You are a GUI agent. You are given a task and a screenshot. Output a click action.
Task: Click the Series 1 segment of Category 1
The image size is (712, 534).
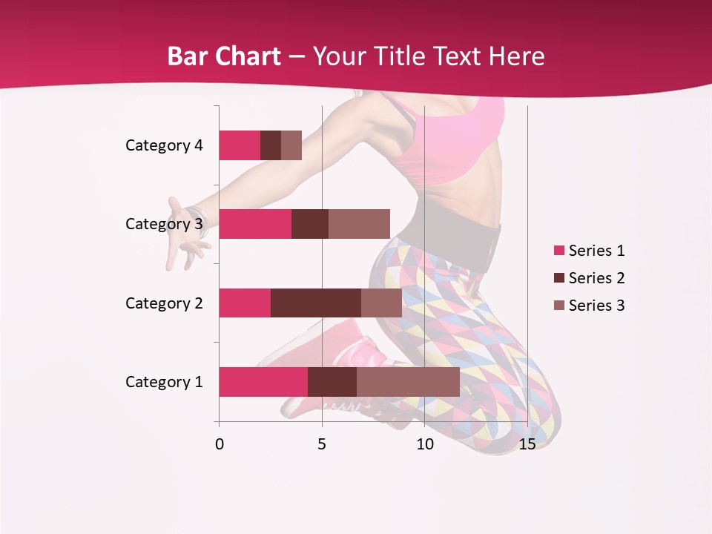[x=263, y=382]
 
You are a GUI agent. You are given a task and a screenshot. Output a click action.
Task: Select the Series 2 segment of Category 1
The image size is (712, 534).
[x=332, y=382]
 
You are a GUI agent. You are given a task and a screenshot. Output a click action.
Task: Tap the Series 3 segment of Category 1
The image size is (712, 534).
[x=408, y=382]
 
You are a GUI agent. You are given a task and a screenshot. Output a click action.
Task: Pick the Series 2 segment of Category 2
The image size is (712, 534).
[x=316, y=303]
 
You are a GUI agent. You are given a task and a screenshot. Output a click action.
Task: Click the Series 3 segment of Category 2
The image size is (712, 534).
[x=381, y=303]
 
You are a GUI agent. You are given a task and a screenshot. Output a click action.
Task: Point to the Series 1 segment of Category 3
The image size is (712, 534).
[x=255, y=224]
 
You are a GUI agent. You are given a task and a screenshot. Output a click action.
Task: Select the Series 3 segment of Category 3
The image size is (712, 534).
[x=359, y=224]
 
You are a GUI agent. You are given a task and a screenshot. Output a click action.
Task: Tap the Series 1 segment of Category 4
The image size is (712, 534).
[x=240, y=145]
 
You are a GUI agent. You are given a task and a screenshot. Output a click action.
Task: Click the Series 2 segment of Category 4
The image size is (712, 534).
[x=271, y=145]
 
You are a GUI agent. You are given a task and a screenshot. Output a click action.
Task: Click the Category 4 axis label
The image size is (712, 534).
[x=164, y=145]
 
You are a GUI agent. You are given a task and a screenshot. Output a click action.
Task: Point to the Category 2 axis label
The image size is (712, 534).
[x=164, y=303]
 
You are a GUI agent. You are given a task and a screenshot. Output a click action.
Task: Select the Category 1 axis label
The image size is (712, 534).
[x=164, y=382]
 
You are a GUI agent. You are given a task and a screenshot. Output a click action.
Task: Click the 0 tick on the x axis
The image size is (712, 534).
[x=220, y=444]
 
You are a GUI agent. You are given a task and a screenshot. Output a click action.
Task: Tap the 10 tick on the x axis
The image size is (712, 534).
[x=424, y=444]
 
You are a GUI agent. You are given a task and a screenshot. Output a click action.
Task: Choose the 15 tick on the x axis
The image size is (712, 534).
[x=527, y=444]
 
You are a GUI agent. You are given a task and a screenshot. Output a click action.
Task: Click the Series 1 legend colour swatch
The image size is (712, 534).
[x=559, y=251]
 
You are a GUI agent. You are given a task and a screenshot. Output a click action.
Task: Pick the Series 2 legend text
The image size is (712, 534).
[x=596, y=278]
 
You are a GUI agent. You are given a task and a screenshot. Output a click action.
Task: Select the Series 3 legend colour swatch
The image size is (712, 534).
[x=559, y=306]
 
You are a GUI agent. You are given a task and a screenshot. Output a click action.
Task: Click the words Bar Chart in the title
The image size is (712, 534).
[x=224, y=56]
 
